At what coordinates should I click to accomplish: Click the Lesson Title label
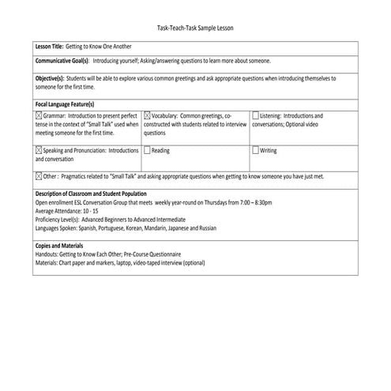[x=52, y=47]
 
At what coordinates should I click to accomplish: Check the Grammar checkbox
[x=39, y=115]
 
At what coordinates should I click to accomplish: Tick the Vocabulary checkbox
[x=148, y=115]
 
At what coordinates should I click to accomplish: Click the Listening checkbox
[x=255, y=115]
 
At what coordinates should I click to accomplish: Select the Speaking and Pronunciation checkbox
[x=39, y=149]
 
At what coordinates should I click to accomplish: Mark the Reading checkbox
[x=148, y=149]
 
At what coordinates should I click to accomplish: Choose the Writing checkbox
[x=255, y=149]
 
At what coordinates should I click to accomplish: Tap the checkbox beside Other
[x=39, y=177]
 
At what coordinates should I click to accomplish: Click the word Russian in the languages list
[x=205, y=227]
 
